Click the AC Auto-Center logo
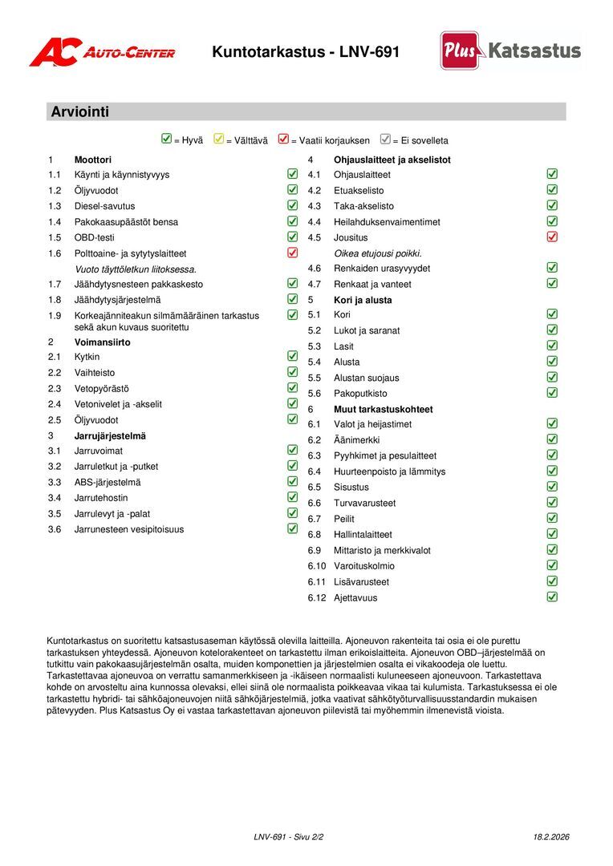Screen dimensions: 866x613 (102, 53)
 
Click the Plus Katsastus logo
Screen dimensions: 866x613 (510, 51)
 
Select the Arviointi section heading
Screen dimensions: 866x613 (79, 112)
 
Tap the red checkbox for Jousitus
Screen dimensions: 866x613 (552, 237)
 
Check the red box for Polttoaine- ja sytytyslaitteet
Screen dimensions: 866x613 (292, 253)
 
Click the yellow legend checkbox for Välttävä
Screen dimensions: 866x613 (219, 140)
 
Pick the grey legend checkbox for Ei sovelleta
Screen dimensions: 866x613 (385, 140)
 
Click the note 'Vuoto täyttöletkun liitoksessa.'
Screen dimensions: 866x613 (135, 269)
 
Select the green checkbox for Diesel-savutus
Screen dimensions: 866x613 (292, 205)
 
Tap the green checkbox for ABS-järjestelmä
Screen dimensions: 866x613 (292, 482)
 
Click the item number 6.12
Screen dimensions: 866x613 (318, 597)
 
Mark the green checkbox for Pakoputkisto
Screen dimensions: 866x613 (552, 393)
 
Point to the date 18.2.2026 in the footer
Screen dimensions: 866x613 (550, 837)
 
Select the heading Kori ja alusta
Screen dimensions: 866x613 (363, 300)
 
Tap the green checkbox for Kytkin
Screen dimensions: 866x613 (292, 356)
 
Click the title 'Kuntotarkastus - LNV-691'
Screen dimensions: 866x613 (305, 53)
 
